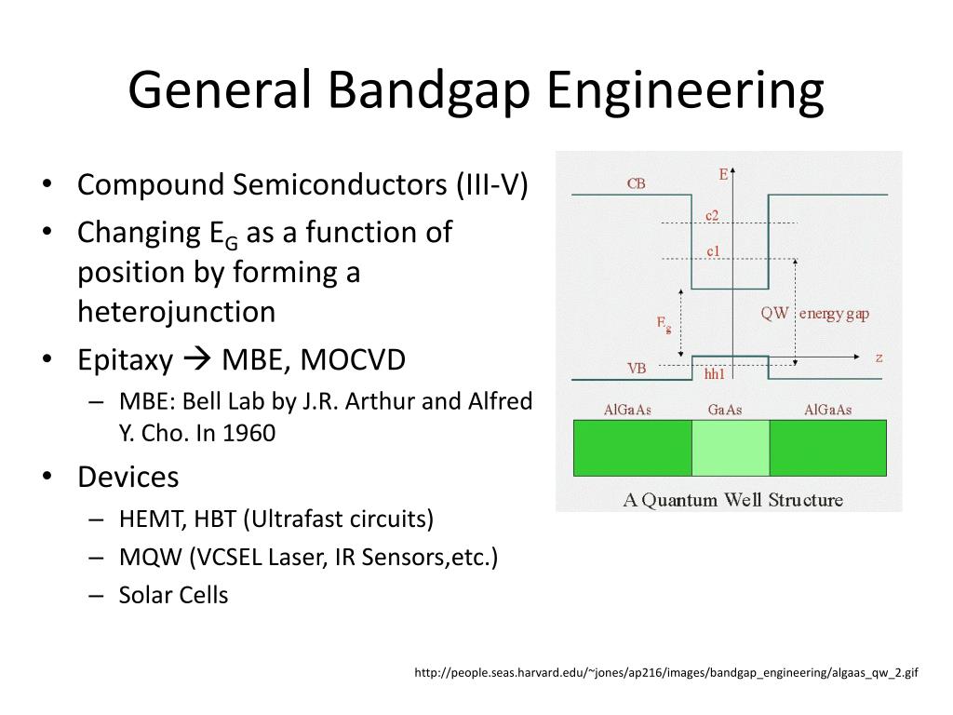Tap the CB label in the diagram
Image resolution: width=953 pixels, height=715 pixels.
click(x=637, y=184)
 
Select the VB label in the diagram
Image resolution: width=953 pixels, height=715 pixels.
click(x=637, y=369)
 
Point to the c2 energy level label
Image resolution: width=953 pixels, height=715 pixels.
click(x=711, y=216)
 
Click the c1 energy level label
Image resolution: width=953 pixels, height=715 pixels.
click(x=712, y=251)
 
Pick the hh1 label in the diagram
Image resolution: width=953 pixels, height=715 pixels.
click(x=714, y=374)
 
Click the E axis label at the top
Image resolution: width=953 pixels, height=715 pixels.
click(x=723, y=174)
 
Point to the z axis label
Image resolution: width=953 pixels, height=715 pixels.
click(x=879, y=357)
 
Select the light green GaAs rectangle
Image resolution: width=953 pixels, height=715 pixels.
click(x=731, y=448)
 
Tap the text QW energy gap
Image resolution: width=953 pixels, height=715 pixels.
click(x=814, y=314)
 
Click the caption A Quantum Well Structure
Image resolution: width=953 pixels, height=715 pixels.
click(x=732, y=500)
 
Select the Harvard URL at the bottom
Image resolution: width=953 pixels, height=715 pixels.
click(x=666, y=672)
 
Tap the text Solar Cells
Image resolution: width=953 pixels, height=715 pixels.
click(x=173, y=596)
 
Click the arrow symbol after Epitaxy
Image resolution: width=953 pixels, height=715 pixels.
click(x=194, y=361)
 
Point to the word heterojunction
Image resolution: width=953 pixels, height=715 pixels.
click(x=176, y=312)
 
